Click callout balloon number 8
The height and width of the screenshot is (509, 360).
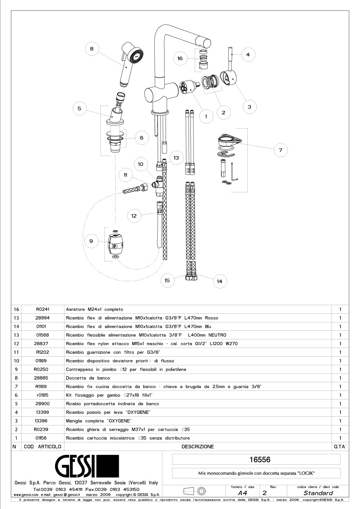point(92,49)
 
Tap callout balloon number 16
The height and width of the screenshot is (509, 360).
point(180,58)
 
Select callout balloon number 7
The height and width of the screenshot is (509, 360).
point(281,150)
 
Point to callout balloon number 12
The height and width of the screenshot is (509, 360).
point(134,216)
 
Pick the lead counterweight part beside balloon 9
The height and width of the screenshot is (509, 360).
point(116,244)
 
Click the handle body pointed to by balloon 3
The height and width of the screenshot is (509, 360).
point(229,79)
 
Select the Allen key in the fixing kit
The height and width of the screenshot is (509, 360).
point(234,172)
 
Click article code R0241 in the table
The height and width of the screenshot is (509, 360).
point(43,309)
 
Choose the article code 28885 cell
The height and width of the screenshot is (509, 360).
point(41,378)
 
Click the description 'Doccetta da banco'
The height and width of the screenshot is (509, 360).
point(88,378)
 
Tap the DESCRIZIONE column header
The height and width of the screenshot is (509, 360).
point(198,447)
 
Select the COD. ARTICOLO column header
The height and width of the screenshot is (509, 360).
point(42,447)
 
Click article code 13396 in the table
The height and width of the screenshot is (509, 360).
point(41,421)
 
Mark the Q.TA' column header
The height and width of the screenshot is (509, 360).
point(340,447)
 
